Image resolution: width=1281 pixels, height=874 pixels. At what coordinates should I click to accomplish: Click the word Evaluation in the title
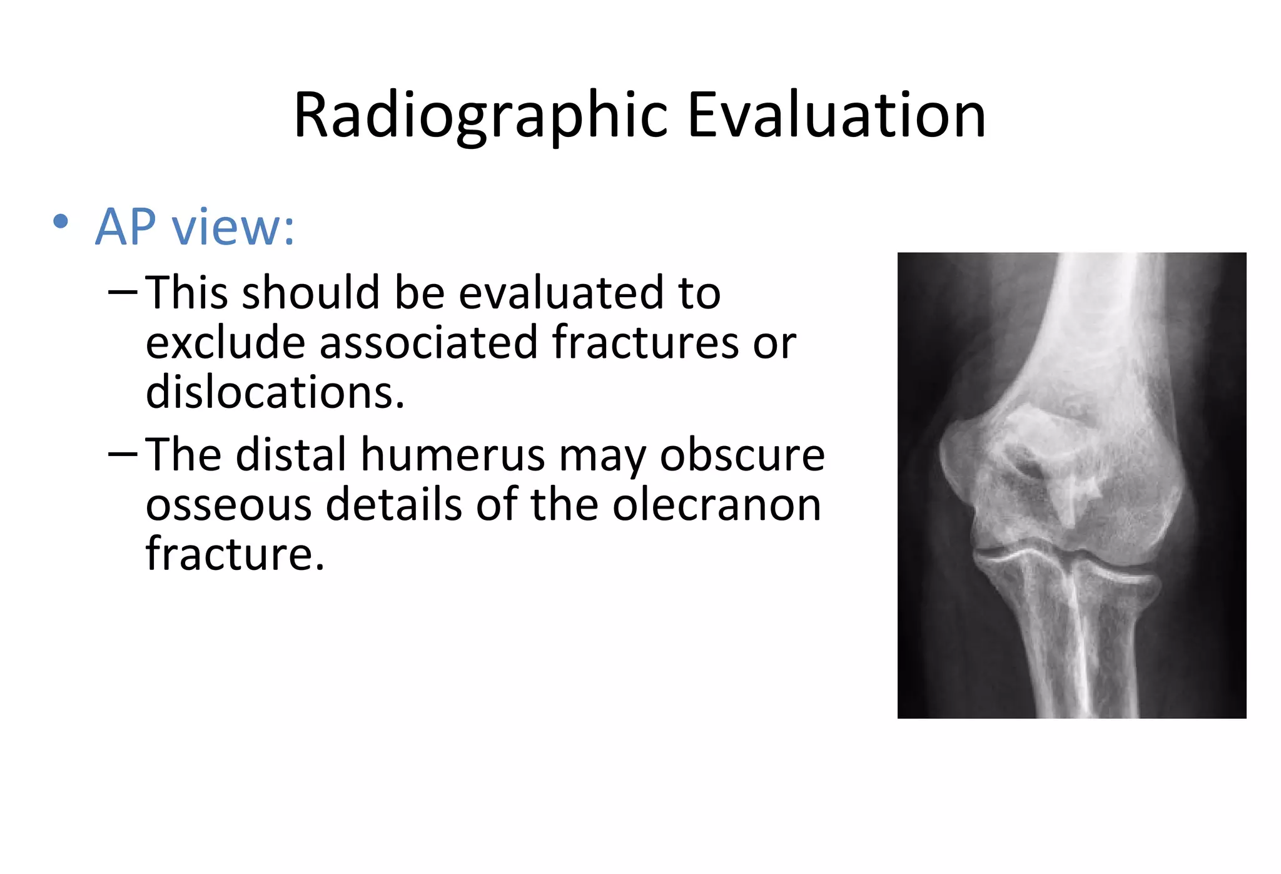coord(836,115)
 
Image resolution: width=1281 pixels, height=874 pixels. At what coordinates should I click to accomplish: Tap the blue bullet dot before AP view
coord(61,221)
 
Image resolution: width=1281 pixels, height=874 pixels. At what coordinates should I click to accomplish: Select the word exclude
coord(225,343)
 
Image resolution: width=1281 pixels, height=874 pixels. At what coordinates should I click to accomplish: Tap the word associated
coord(428,343)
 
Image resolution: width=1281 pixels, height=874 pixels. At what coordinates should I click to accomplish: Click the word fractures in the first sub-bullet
coord(645,343)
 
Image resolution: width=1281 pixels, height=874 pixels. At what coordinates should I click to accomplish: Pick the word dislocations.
coord(275,393)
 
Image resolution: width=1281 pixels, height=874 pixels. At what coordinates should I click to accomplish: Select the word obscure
coord(742,455)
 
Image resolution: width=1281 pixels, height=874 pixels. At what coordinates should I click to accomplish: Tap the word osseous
coord(228,505)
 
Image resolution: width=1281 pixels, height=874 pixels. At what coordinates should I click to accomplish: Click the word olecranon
coord(716,505)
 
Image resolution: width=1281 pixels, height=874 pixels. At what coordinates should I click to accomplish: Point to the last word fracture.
coord(235,555)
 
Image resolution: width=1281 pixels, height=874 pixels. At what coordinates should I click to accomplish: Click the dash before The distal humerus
coord(122,454)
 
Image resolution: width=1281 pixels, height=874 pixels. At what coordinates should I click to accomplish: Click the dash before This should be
coord(122,292)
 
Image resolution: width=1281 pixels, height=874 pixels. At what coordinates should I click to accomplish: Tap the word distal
coord(291,455)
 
